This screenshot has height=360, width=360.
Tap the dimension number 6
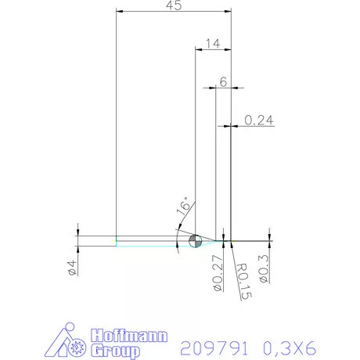[223, 81]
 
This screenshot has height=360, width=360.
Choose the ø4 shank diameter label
[70, 267]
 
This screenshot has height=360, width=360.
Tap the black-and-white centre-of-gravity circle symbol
[196, 240]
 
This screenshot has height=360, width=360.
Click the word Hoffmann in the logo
[130, 334]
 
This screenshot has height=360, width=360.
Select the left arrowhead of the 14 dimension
[197, 49]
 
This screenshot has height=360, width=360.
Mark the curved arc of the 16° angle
[179, 235]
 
